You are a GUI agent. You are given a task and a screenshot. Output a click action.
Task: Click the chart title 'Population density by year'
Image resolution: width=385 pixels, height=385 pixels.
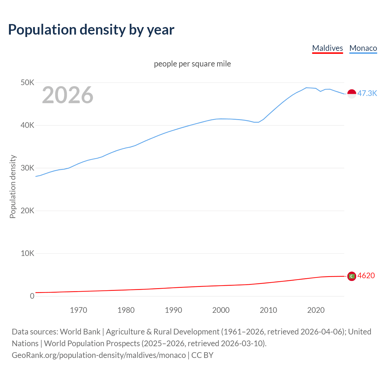91,29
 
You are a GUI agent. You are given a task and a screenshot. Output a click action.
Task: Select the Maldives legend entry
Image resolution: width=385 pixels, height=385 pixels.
327,48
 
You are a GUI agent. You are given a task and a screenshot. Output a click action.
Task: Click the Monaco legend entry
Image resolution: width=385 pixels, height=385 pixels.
363,48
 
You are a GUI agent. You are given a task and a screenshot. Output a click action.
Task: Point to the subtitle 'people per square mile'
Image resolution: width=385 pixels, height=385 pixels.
192,64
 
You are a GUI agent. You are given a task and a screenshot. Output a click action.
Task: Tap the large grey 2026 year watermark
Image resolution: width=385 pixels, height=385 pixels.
68,95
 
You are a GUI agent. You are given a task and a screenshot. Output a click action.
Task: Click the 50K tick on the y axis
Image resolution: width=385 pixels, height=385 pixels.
27,82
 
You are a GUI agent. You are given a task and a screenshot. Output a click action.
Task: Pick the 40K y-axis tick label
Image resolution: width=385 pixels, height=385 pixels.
27,125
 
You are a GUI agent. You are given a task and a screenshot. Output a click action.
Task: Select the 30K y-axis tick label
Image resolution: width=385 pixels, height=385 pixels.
27,168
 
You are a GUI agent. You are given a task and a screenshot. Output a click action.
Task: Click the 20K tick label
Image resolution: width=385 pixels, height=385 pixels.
27,211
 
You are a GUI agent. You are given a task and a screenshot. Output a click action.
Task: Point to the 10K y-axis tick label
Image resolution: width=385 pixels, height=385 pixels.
27,253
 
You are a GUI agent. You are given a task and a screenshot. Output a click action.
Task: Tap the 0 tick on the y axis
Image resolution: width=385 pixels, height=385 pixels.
32,296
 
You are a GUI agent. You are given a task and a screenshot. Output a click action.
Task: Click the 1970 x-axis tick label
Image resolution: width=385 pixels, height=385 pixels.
79,310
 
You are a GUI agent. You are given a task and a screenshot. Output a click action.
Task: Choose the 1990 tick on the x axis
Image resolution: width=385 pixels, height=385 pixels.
174,310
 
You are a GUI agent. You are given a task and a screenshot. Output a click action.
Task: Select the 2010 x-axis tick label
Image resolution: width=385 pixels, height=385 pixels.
268,310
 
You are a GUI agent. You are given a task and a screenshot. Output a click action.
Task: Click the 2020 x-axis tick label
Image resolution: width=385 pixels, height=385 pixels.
316,310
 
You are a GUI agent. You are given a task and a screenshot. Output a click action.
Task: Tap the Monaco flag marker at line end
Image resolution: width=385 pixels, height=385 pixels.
352,94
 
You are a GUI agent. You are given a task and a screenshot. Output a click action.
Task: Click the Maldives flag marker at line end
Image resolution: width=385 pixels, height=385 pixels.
352,276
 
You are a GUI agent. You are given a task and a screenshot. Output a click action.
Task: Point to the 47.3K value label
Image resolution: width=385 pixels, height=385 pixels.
367,93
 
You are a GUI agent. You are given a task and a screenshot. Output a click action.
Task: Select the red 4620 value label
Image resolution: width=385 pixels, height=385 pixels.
366,276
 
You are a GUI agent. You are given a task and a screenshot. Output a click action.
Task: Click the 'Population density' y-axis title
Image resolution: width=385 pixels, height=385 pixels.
13,186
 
